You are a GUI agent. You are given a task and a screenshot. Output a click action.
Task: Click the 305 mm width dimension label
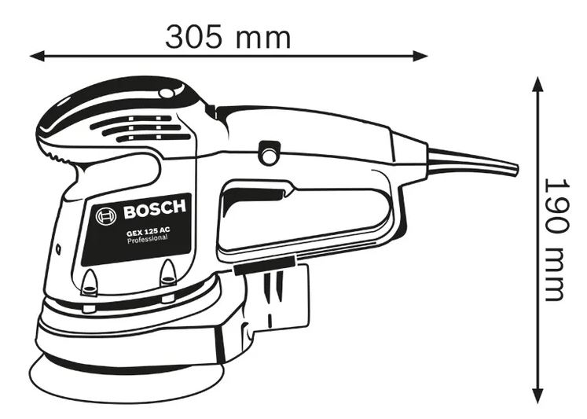pos(228,37)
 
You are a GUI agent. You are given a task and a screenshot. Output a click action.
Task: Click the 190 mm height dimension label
pos(558,239)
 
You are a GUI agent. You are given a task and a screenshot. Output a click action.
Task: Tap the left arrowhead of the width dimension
pos(38,56)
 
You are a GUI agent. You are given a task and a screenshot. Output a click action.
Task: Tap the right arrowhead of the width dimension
pos(420,56)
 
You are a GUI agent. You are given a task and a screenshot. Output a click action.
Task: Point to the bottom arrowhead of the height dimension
pos(538,395)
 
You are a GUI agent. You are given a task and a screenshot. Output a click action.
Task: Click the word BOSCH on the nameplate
pos(155,209)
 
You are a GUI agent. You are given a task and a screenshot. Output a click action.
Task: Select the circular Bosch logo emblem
pos(106,216)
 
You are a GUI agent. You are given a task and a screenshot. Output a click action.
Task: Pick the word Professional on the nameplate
pos(147,240)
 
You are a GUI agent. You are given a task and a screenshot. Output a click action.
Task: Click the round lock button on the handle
pos(269,153)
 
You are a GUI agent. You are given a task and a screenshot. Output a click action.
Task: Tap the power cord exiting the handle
pos(472,162)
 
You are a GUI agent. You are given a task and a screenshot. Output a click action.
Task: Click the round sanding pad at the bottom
pos(127,377)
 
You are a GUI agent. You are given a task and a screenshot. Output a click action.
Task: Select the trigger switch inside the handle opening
pos(255,195)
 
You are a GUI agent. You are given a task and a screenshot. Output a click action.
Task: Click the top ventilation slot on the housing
pos(131,120)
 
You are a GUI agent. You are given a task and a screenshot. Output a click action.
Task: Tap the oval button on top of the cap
pos(166,93)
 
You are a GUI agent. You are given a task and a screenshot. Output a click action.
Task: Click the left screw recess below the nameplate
pos(90,281)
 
